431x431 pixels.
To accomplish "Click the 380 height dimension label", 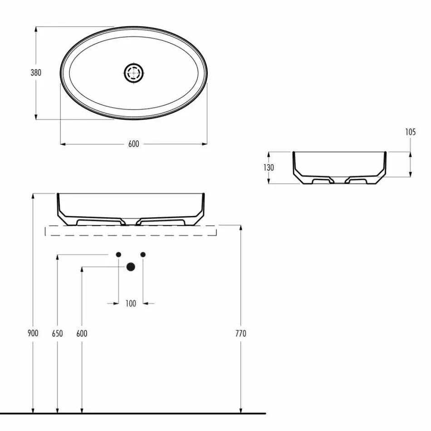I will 36,73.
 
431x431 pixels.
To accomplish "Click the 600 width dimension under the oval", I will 133,144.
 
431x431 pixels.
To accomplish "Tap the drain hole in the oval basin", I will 134,73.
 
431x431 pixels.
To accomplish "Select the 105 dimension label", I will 410,132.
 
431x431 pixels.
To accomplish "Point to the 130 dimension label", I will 269,167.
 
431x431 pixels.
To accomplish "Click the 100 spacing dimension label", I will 131,304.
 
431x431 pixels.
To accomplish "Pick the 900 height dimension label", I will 33,333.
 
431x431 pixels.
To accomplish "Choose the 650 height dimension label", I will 57,333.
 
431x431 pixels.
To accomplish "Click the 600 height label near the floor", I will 82,333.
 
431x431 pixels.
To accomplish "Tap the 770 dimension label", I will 241,333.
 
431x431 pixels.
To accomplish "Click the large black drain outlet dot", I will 131,267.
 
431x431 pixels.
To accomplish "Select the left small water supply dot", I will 118,255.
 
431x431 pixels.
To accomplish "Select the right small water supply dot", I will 143,255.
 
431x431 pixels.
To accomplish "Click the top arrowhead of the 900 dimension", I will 33,196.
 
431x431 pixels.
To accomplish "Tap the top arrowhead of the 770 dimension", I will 241,227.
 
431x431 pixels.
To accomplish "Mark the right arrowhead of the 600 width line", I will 205,144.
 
